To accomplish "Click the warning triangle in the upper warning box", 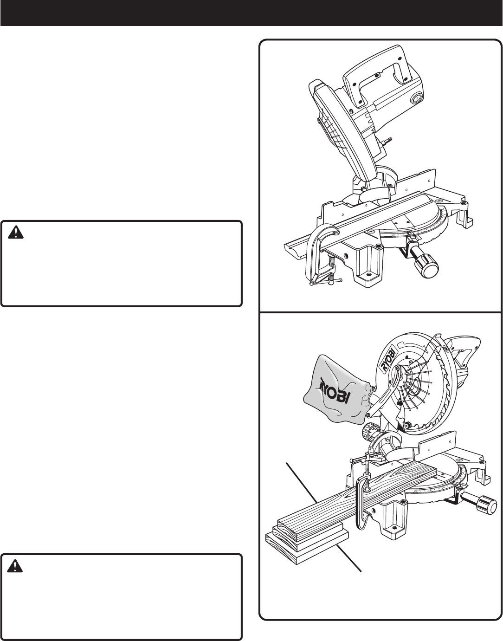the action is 15,232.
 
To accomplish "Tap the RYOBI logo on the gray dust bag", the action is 335,393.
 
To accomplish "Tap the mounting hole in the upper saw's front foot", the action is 368,274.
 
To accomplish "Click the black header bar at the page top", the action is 251,13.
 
